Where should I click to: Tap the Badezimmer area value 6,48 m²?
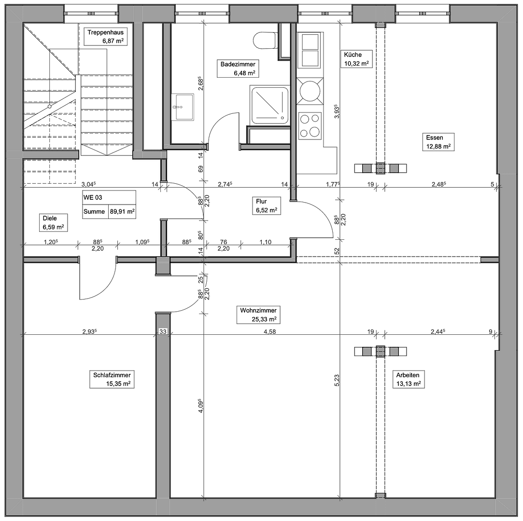click(x=244, y=73)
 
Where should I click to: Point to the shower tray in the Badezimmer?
click(x=269, y=104)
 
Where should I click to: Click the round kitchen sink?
click(x=309, y=90)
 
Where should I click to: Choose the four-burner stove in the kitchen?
click(x=310, y=125)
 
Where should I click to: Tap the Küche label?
click(x=353, y=55)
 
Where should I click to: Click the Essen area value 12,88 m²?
click(x=438, y=146)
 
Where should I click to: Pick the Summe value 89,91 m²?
click(x=122, y=211)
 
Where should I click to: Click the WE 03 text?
click(x=93, y=197)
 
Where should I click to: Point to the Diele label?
click(x=49, y=218)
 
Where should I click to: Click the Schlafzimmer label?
click(x=112, y=375)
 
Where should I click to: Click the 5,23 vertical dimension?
click(x=337, y=381)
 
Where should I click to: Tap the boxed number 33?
click(x=163, y=331)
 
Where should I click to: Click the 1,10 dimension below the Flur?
click(x=265, y=242)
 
